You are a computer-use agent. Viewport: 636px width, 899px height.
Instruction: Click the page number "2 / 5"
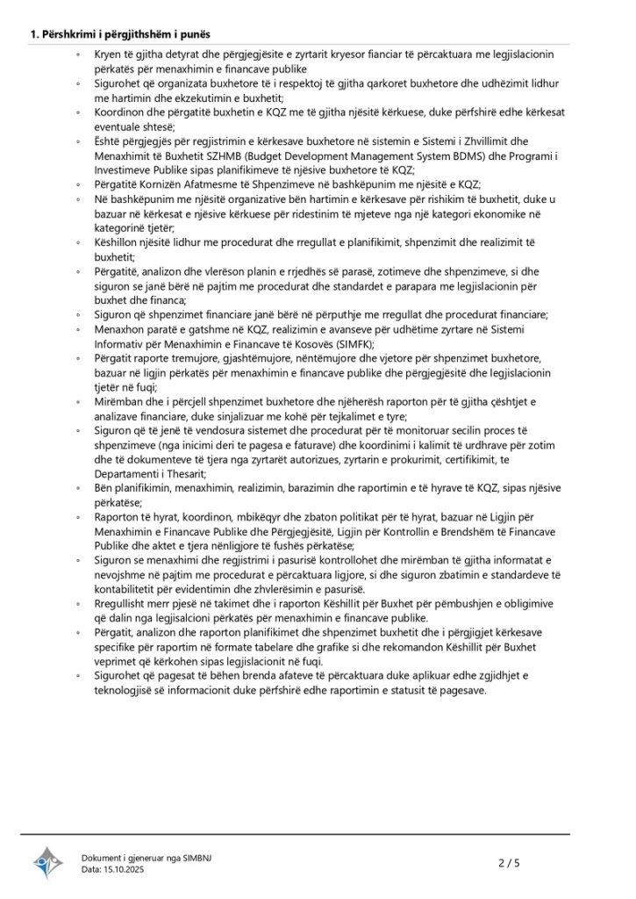click(510, 863)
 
